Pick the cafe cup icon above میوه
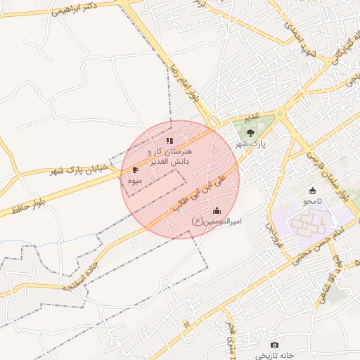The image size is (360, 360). click(135, 169)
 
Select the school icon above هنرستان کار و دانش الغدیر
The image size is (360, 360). click(169, 141)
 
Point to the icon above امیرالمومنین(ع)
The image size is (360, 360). click(217, 210)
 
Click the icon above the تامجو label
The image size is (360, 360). click(313, 190)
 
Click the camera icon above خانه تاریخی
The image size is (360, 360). click(274, 345)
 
